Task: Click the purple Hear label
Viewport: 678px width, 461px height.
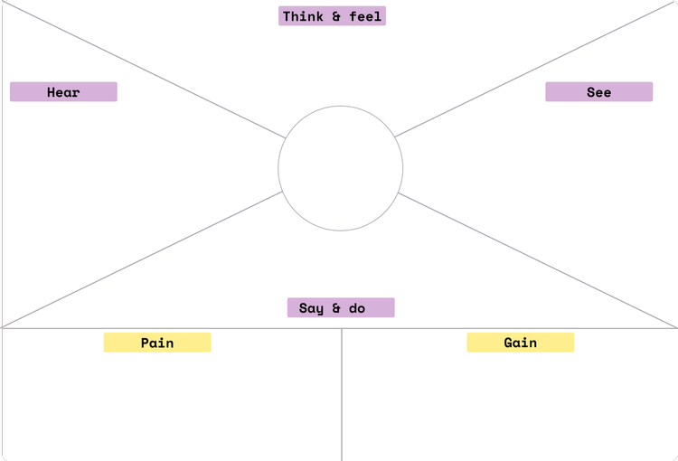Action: click(x=63, y=92)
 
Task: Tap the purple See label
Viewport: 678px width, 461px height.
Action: click(x=598, y=92)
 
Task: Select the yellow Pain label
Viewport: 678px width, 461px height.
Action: click(x=157, y=343)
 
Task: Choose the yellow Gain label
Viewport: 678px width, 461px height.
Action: click(x=520, y=343)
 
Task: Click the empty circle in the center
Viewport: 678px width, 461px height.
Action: click(x=340, y=168)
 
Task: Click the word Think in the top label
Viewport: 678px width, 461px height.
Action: click(x=303, y=16)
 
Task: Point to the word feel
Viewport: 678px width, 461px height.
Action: click(x=365, y=16)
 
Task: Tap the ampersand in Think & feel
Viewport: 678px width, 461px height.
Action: click(x=336, y=16)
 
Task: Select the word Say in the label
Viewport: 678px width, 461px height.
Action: click(x=310, y=308)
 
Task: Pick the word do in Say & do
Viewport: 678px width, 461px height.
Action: click(x=357, y=308)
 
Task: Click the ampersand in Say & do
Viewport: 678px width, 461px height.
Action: click(x=335, y=308)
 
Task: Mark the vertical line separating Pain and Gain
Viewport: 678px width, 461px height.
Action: click(x=342, y=398)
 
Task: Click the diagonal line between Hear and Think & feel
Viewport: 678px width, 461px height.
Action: click(x=145, y=70)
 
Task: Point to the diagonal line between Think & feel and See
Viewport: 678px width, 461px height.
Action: click(x=533, y=70)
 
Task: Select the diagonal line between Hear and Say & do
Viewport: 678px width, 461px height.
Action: click(x=145, y=259)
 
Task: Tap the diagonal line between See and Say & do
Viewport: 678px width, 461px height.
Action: click(x=538, y=260)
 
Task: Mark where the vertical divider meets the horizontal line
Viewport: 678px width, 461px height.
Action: click(x=342, y=328)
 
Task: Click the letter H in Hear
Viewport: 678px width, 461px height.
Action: click(x=52, y=92)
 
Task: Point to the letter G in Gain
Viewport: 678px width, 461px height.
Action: click(x=508, y=343)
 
